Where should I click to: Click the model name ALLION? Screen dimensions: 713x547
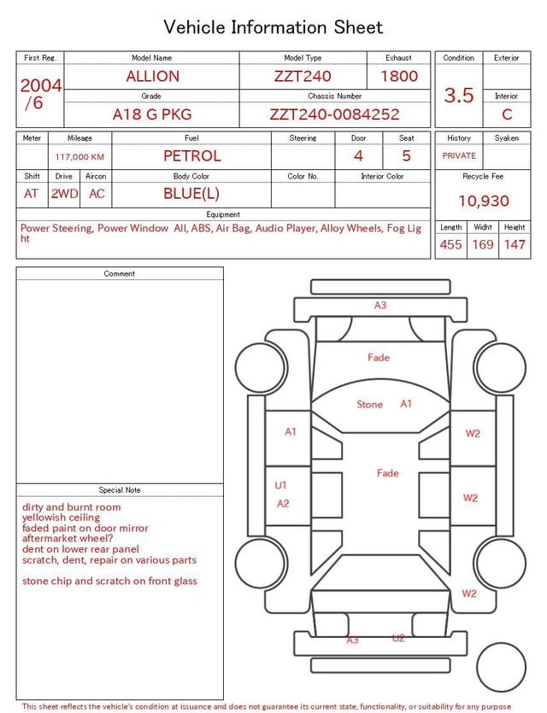(x=152, y=76)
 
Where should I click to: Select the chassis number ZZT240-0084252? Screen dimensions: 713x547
(x=334, y=114)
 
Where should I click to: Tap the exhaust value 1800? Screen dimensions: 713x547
(x=398, y=76)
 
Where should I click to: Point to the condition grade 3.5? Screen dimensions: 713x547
(x=459, y=96)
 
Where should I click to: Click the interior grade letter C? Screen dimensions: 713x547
(x=507, y=114)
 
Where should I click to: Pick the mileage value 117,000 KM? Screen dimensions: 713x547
(x=79, y=157)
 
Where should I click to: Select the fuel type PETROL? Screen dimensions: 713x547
(x=191, y=155)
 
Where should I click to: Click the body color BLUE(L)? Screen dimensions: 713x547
(x=191, y=193)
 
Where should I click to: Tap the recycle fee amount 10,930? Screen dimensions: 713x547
(x=483, y=201)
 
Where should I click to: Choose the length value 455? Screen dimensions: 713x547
(x=450, y=244)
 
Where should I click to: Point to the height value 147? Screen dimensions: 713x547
(x=515, y=244)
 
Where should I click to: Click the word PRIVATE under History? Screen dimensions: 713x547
(x=459, y=155)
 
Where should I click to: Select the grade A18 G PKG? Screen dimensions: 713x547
(x=152, y=114)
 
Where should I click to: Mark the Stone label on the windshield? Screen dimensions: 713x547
(x=370, y=404)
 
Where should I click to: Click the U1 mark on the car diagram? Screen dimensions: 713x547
(x=280, y=485)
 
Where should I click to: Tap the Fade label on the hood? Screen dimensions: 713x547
(x=379, y=357)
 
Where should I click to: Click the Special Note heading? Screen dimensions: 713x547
(x=120, y=490)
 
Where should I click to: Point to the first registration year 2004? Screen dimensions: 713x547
(x=40, y=85)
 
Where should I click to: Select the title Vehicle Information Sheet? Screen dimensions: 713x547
(x=273, y=27)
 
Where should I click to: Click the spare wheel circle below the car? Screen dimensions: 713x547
(x=502, y=667)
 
